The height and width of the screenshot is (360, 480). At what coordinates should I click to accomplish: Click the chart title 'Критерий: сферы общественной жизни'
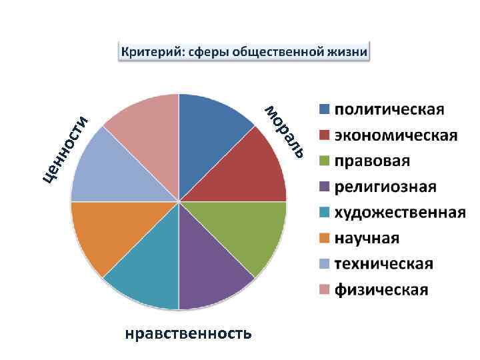(x=243, y=51)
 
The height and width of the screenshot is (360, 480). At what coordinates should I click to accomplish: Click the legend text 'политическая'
(x=389, y=109)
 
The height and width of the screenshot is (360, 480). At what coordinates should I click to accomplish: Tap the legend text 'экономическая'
(x=396, y=135)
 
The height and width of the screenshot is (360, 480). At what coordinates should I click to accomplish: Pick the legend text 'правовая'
(x=372, y=161)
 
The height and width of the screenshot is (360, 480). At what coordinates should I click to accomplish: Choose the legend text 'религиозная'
(x=385, y=187)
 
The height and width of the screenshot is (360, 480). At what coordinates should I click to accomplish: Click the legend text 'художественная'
(x=399, y=213)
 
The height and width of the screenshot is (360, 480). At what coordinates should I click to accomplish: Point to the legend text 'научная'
(x=367, y=238)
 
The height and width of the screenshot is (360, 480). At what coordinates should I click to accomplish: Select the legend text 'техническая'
(x=383, y=264)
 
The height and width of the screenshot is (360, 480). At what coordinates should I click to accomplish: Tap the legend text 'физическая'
(x=381, y=290)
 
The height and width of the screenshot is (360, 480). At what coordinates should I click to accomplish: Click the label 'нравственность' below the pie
(x=188, y=333)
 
